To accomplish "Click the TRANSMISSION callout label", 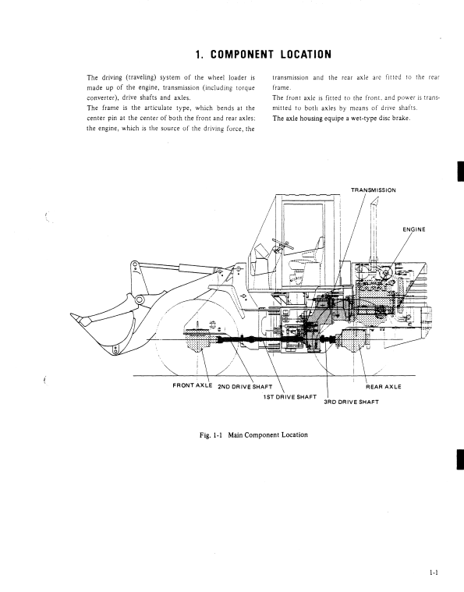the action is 374,190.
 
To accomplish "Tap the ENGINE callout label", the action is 414,229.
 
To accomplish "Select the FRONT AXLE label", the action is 192,385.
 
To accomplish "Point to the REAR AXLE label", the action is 383,387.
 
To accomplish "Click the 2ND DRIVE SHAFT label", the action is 245,387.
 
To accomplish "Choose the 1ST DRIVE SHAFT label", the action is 289,397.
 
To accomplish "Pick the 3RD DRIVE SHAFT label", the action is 351,402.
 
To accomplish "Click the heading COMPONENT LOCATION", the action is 271,55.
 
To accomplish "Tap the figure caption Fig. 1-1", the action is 211,435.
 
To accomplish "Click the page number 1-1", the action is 434,573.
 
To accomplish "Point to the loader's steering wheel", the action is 282,243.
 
